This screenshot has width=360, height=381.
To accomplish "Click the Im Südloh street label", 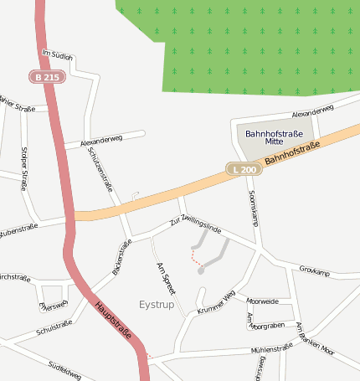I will point(57,54).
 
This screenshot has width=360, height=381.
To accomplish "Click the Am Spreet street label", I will point(166,277).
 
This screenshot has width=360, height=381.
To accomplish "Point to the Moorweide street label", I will point(263,301).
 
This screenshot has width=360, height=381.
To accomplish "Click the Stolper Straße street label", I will point(23,168).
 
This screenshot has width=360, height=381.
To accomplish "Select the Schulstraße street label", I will point(54,327).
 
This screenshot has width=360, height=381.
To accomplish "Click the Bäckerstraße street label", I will point(122,257).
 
